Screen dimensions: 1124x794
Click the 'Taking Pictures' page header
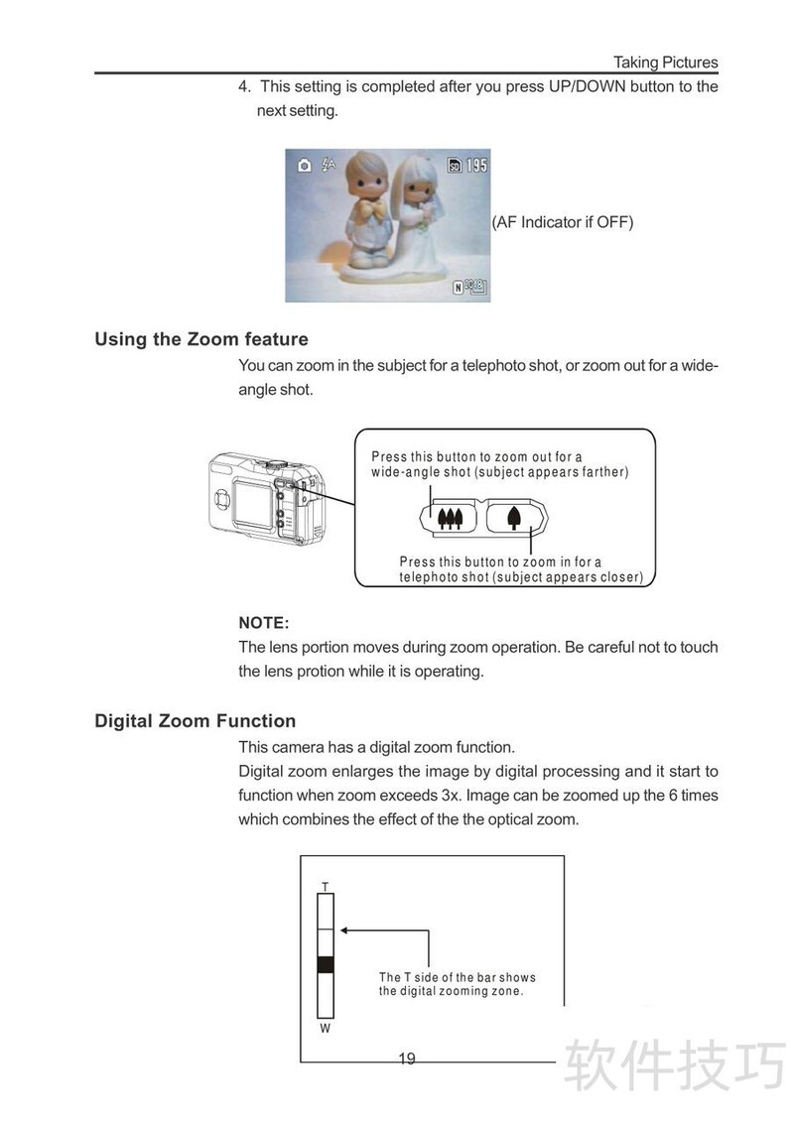665,62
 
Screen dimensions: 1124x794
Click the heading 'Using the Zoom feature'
201,339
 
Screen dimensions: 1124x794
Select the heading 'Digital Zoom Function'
195,721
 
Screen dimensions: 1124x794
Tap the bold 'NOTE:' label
264,623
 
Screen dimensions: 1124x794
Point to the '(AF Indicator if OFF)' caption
563,222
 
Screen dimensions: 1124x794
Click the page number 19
407,1059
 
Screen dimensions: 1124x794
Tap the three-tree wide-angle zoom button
451,517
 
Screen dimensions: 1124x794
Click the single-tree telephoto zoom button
514,517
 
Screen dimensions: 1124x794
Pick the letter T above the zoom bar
325,885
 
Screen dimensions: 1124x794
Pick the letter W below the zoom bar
325,1029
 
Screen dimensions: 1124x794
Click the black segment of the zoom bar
325,964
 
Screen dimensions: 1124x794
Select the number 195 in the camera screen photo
476,166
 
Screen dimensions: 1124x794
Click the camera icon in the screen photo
304,165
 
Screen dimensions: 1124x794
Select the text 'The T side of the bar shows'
457,977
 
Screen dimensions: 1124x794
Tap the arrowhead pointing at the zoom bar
343,931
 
